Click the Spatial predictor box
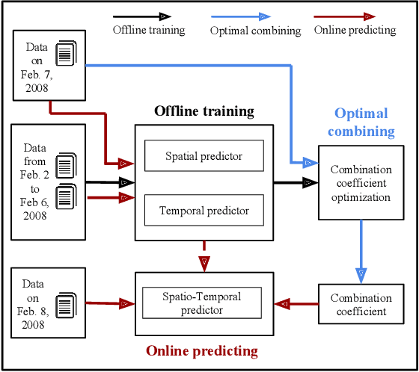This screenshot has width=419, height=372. [x=204, y=156]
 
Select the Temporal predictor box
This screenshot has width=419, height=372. [x=204, y=211]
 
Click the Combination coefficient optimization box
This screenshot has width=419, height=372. [x=361, y=183]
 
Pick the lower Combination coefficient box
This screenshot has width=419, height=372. [x=361, y=304]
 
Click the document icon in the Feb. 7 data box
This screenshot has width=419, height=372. [x=67, y=53]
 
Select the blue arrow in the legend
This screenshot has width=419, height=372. [x=240, y=16]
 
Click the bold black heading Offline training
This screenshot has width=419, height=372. [x=204, y=111]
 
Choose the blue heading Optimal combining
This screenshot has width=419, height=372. [x=361, y=122]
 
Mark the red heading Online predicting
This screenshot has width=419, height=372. [x=201, y=350]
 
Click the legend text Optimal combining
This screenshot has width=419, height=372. [x=255, y=31]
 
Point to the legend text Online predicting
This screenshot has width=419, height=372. [x=355, y=30]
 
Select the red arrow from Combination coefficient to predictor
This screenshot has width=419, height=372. [x=296, y=304]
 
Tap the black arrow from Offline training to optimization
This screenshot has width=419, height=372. [x=296, y=182]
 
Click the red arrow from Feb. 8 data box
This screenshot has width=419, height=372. [x=109, y=303]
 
